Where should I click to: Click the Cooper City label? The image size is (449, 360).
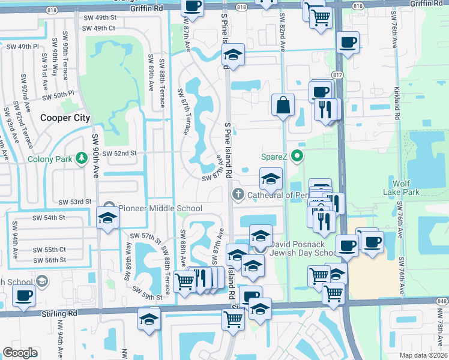(65, 118)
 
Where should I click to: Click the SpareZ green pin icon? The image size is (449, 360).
(297, 157)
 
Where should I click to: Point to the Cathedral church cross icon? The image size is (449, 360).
(238, 194)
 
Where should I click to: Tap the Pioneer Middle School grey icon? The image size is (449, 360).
(109, 208)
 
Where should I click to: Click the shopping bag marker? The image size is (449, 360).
(283, 106)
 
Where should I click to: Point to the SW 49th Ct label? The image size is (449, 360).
(98, 28)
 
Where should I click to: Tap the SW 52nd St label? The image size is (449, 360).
(119, 154)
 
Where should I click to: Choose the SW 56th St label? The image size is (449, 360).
(50, 260)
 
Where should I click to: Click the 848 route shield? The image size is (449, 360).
(442, 301)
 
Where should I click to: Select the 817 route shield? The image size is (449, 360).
(337, 75)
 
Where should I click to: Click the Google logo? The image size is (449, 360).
(20, 353)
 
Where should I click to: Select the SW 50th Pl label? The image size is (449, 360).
(59, 94)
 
